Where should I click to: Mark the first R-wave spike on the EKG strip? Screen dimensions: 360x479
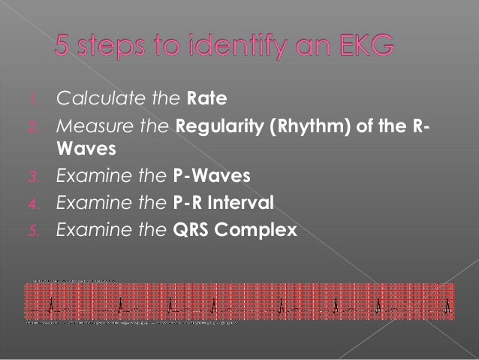pos(51,303)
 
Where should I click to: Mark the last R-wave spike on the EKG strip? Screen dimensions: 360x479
pos(447,303)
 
